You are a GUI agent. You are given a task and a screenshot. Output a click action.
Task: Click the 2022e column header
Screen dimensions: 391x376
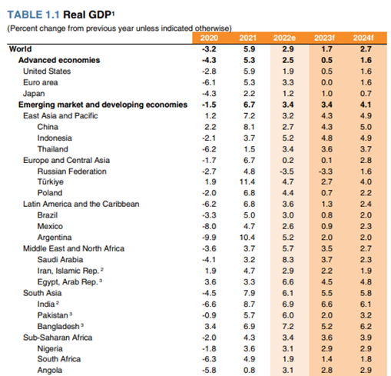(284, 38)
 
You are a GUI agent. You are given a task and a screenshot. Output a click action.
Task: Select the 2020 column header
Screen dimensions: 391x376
(209, 38)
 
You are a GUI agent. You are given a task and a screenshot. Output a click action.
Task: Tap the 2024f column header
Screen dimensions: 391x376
(363, 38)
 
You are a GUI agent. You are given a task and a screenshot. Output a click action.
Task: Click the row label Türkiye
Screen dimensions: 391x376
(51, 181)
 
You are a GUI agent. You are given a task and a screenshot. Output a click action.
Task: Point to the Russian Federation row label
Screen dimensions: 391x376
(71, 171)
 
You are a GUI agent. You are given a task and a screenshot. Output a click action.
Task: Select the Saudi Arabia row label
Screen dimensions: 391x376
(60, 260)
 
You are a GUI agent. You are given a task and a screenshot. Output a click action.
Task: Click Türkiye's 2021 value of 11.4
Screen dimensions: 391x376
(247, 181)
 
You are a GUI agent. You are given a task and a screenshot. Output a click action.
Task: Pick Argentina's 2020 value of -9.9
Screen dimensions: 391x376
(209, 238)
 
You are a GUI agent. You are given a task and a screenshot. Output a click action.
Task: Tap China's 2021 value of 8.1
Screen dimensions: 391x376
(249, 127)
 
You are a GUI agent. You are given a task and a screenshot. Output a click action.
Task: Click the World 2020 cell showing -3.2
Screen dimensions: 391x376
(209, 49)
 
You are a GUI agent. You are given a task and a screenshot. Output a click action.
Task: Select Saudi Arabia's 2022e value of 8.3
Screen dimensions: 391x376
(288, 260)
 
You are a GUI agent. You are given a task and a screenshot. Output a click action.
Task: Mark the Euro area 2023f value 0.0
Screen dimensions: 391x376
(326, 82)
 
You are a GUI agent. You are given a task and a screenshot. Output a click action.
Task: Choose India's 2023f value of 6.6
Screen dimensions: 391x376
(326, 304)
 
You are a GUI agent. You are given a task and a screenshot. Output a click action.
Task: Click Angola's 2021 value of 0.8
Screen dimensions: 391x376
(249, 370)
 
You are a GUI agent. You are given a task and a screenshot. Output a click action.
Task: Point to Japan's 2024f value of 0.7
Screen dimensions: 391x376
(366, 94)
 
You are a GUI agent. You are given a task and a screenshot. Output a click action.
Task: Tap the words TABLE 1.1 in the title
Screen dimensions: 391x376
(33, 15)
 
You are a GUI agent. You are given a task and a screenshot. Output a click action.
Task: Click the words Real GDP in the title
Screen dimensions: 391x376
(87, 15)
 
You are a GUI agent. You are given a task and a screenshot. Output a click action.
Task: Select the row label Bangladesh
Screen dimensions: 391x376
(58, 326)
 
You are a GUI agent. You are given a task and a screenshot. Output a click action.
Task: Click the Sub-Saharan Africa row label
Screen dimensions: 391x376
(58, 338)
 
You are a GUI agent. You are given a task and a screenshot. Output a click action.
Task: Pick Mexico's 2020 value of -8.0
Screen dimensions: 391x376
(209, 226)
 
